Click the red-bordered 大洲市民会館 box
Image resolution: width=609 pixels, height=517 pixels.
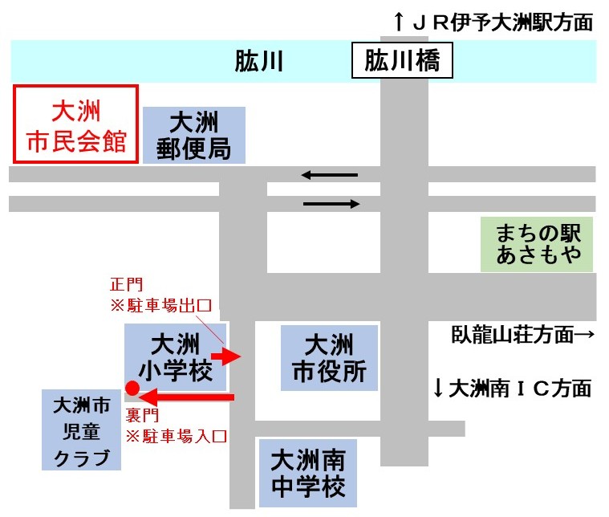77,124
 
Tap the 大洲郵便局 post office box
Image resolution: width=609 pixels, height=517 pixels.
194,135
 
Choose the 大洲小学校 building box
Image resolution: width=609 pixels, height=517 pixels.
175,358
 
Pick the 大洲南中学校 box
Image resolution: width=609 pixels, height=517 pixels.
307,474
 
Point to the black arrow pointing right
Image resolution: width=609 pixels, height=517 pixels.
331,205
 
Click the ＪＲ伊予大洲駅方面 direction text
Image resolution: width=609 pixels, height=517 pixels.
493,22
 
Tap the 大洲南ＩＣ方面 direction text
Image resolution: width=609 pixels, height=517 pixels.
513,389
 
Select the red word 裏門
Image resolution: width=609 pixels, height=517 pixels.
143,416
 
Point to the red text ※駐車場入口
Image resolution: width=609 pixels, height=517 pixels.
177,437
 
